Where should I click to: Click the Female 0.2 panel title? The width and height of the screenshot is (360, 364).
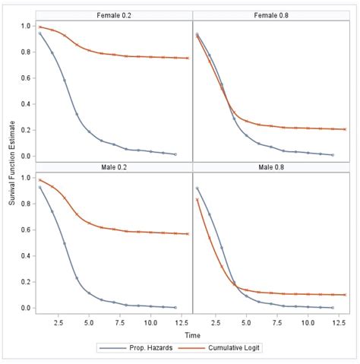coord(114,15)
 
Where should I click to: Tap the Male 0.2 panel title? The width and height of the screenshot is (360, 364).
coord(114,167)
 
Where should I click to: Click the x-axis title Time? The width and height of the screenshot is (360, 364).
coord(192,334)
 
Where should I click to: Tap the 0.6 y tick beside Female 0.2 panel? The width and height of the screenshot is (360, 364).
coord(25,78)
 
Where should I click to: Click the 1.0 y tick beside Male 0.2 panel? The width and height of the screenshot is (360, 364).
coord(25,178)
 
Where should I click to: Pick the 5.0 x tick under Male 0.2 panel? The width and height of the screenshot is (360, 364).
coord(89,321)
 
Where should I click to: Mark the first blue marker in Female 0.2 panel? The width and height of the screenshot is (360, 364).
coord(40,33)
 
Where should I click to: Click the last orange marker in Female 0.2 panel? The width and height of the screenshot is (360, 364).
coord(188,58)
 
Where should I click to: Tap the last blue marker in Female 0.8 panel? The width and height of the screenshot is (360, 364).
coord(333,154)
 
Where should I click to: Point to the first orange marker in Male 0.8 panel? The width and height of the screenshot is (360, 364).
coord(197,199)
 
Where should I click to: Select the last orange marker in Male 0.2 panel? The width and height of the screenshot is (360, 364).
coord(188,233)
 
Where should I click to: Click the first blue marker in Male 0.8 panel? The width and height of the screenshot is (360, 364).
coord(197,188)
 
